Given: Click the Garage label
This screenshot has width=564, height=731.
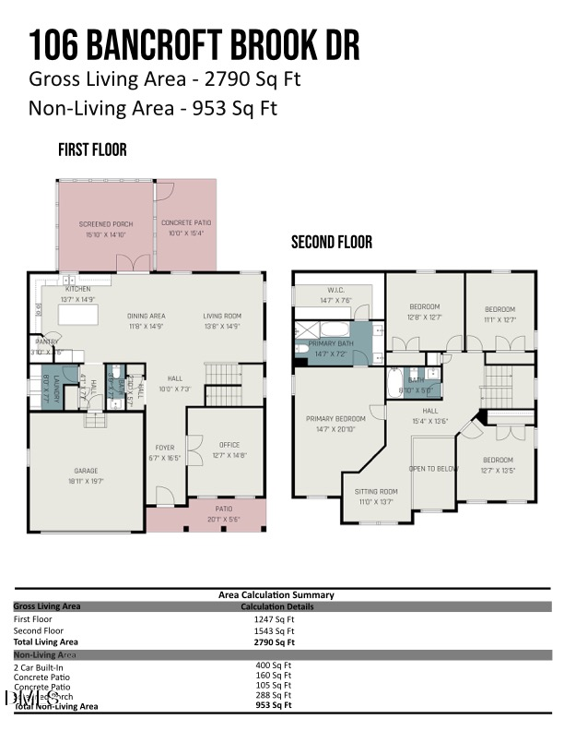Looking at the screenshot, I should [86, 471].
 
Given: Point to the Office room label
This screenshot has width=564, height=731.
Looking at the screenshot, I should [229, 445].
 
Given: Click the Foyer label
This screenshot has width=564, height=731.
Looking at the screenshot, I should [164, 449].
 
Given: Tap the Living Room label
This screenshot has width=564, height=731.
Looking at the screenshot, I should [222, 317].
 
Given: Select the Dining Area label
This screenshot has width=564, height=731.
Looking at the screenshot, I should [146, 317].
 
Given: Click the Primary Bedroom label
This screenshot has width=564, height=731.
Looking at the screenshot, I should [335, 418].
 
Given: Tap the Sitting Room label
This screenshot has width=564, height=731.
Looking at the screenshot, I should [376, 492].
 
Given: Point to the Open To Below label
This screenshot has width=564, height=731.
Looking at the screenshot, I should [433, 468].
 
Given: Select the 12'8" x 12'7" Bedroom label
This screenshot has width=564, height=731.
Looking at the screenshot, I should [424, 306].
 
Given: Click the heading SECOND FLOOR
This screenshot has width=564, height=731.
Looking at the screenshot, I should [332, 243].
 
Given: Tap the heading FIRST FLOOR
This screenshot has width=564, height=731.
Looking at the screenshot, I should [92, 150].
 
